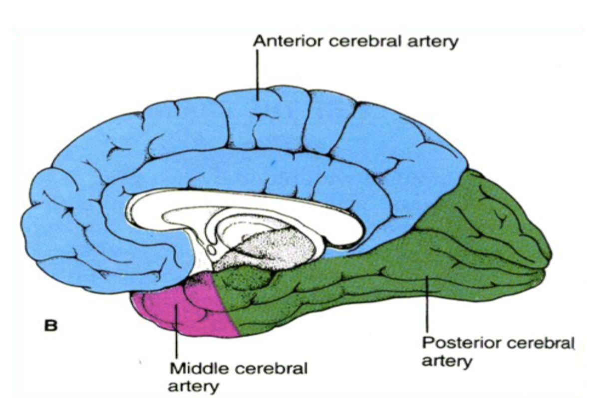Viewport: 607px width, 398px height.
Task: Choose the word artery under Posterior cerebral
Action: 447,360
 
